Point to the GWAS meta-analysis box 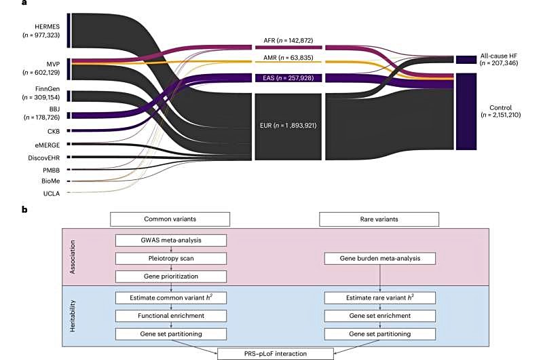tap(170, 240)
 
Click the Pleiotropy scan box tap(170, 258)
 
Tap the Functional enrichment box tap(170, 315)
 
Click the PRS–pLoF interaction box tap(275, 353)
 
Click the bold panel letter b tap(24, 209)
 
